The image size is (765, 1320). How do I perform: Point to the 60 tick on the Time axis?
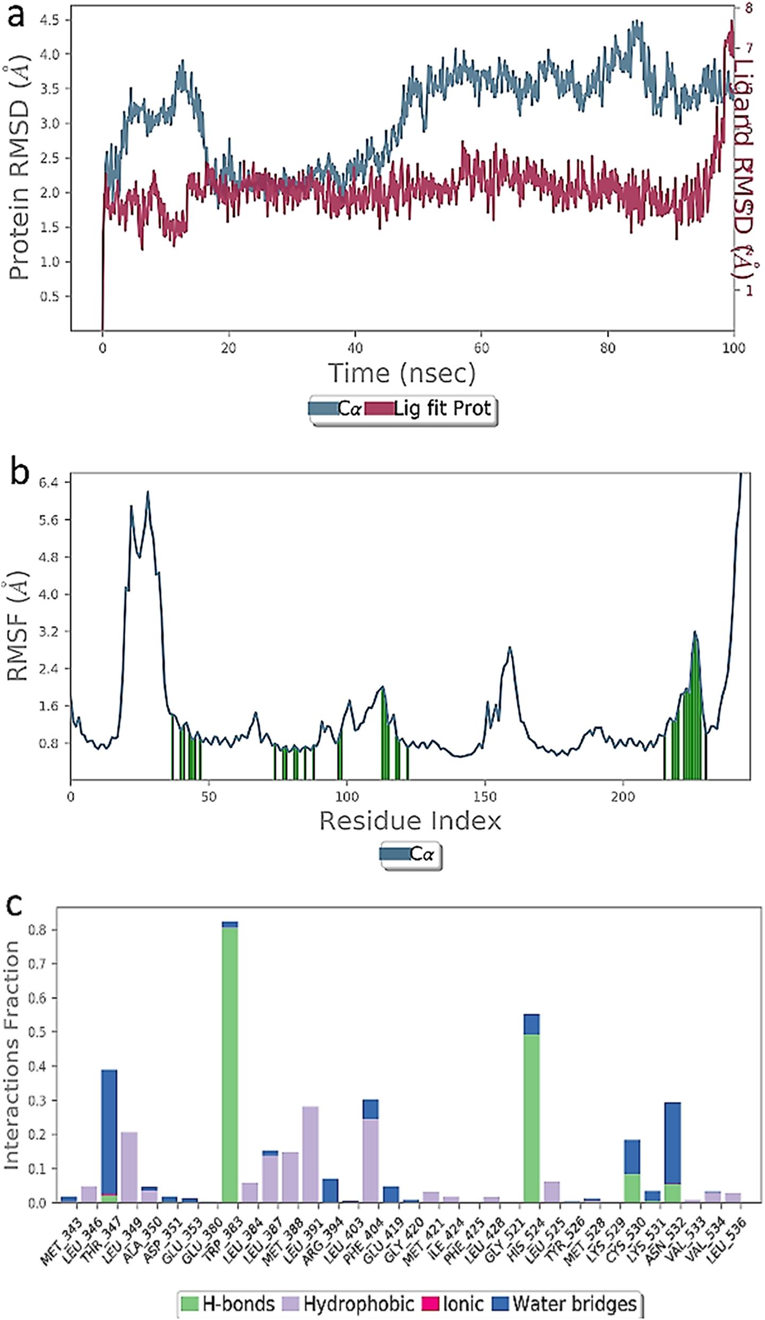click(482, 348)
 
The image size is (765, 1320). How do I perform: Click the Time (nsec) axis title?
click(402, 373)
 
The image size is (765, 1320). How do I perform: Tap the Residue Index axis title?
click(410, 821)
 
